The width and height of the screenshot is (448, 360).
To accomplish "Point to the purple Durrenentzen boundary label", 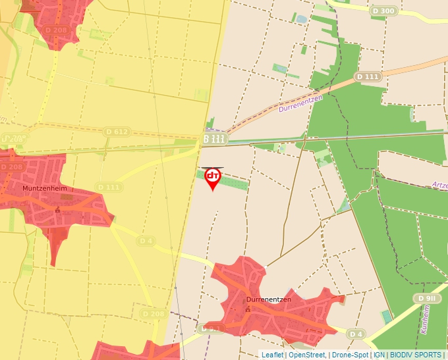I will (x=300, y=103).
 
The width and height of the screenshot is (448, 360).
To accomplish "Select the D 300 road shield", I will (x=383, y=11).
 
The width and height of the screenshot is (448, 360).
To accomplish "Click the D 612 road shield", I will (x=117, y=132).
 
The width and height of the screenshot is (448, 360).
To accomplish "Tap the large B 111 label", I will (x=215, y=139).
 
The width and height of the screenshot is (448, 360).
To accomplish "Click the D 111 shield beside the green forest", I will (x=368, y=77).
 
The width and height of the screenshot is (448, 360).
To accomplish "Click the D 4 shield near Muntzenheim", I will (x=146, y=241).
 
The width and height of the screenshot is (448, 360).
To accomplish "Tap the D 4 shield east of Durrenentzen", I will (x=356, y=334).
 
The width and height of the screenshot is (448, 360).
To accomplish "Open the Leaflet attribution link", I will (x=272, y=355).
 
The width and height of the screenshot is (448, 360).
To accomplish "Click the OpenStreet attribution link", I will (x=306, y=355).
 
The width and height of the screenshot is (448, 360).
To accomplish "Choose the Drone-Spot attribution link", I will (x=349, y=355).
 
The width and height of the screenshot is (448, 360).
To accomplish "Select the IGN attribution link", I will (x=379, y=355).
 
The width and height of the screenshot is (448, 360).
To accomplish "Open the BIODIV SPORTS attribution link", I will (x=416, y=355).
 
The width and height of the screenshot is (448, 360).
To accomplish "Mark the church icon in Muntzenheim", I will (x=58, y=209).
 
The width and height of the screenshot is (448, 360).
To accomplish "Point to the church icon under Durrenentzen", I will (x=248, y=310).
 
